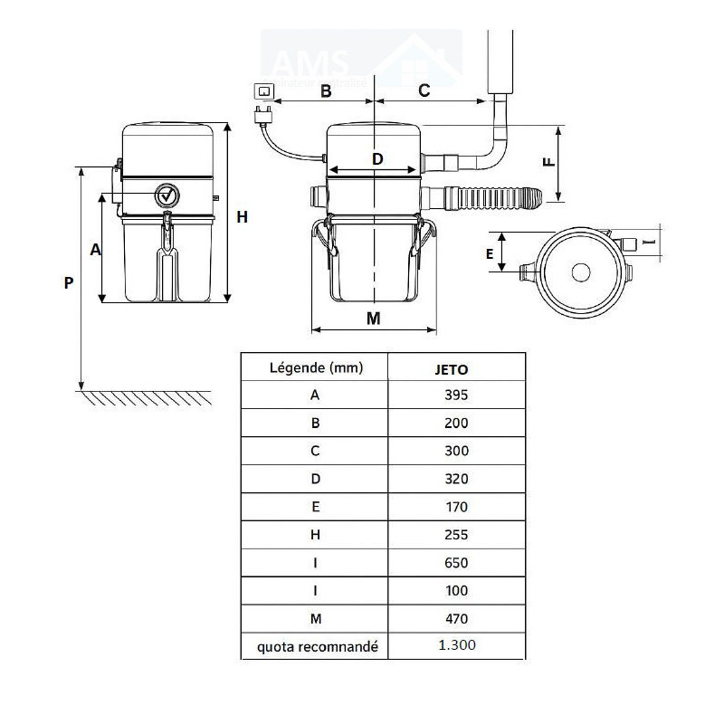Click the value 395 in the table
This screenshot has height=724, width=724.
(456, 394)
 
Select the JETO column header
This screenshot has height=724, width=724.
(456, 368)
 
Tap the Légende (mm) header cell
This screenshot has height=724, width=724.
(315, 367)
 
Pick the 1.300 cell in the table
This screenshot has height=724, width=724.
(456, 645)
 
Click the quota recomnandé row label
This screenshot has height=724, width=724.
(315, 646)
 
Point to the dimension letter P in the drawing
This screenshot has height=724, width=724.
(69, 282)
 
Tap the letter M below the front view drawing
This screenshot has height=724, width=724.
(374, 318)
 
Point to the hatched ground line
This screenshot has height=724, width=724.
(145, 397)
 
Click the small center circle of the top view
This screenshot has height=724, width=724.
(581, 271)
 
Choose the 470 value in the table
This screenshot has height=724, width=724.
(456, 619)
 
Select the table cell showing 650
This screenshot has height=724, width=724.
(456, 562)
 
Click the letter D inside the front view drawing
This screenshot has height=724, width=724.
(377, 159)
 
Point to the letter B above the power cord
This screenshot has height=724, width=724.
(326, 90)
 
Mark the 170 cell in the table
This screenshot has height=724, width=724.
(456, 506)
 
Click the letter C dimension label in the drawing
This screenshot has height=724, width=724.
(424, 90)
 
